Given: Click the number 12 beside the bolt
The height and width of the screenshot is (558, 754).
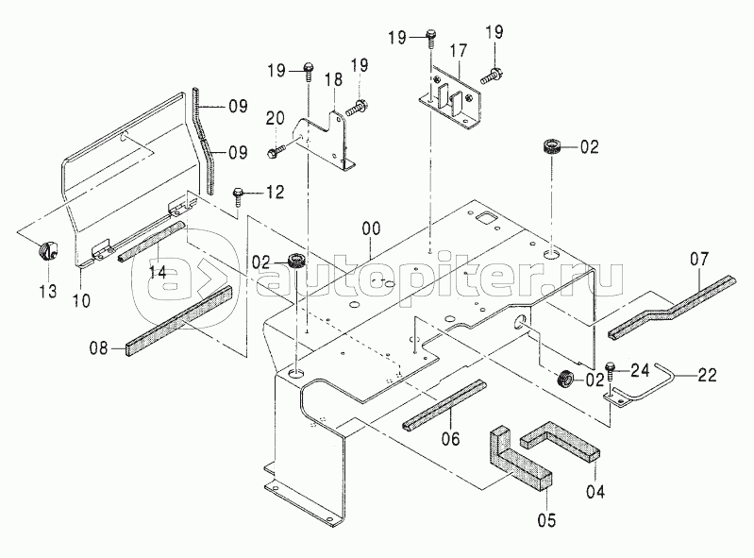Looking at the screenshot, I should point(274,194).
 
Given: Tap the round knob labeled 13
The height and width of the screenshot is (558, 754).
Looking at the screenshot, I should point(46,252).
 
